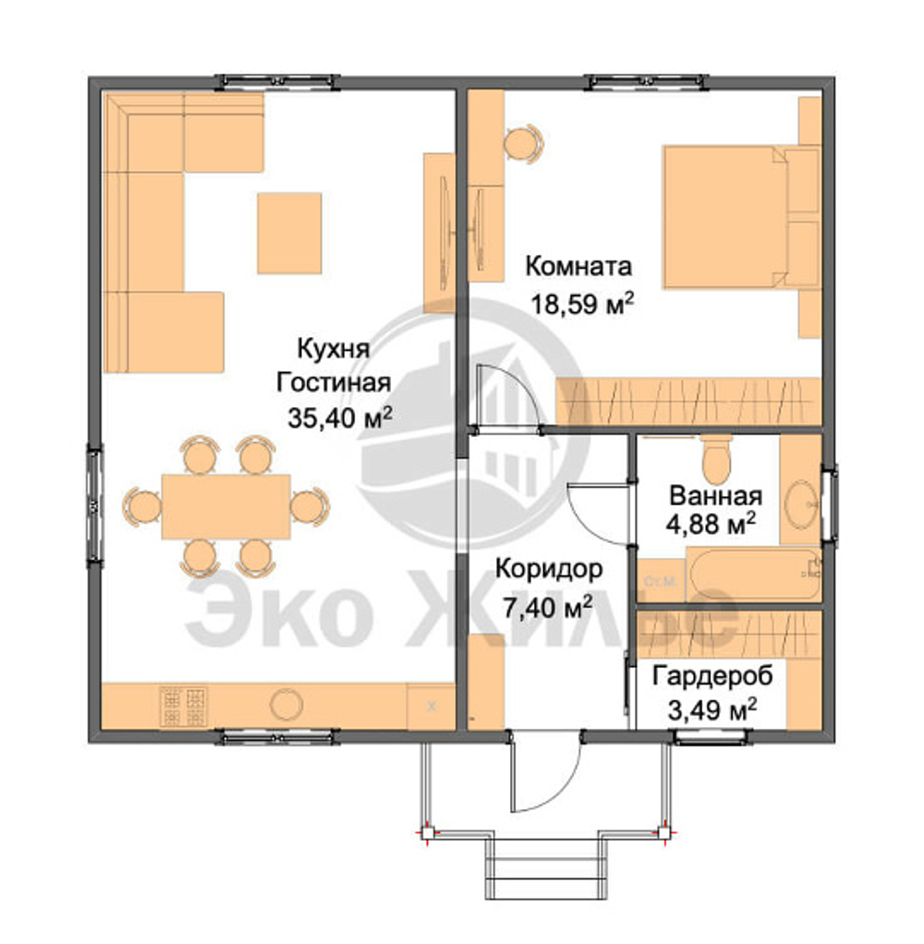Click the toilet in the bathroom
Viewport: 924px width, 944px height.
716,459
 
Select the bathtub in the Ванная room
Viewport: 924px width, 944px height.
754,575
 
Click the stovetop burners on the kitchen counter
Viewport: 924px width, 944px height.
183,707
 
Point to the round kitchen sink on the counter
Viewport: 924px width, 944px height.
286,705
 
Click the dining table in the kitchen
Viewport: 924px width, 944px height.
225,506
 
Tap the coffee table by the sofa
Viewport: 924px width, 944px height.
289,233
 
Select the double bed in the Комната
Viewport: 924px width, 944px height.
741,217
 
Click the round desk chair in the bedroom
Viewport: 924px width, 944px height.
523,143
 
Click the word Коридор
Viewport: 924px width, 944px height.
549,569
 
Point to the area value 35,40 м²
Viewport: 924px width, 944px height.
340,418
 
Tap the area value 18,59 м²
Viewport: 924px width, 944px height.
581,303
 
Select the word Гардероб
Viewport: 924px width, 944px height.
712,677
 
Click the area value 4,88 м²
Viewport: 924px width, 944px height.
711,523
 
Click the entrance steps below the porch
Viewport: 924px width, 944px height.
546,867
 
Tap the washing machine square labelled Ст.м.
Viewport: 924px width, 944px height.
662,581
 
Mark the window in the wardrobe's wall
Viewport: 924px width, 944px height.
711,735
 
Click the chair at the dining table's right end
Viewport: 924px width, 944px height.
310,506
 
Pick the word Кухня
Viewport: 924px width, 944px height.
333,349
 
